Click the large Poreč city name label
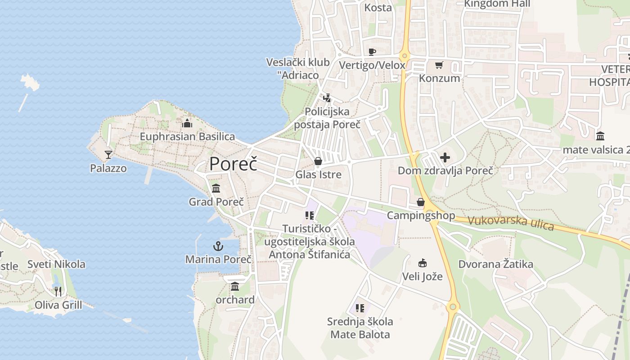click(233, 163)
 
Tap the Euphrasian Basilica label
click(187, 136)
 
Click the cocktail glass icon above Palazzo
click(108, 155)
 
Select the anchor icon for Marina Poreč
click(218, 246)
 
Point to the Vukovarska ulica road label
click(510, 223)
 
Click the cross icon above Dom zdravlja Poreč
click(445, 157)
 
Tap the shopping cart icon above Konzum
click(439, 65)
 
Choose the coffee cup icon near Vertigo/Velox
click(372, 52)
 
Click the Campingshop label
click(421, 216)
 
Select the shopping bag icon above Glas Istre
click(318, 161)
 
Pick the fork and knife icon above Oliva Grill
click(58, 292)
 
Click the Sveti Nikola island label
click(56, 264)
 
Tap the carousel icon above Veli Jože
click(422, 263)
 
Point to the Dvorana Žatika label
click(495, 264)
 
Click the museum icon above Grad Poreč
click(216, 188)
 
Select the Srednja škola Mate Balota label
click(360, 328)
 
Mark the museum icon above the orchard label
click(235, 286)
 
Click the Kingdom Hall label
click(497, 4)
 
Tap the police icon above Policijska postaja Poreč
click(327, 98)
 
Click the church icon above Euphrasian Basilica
click(187, 123)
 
